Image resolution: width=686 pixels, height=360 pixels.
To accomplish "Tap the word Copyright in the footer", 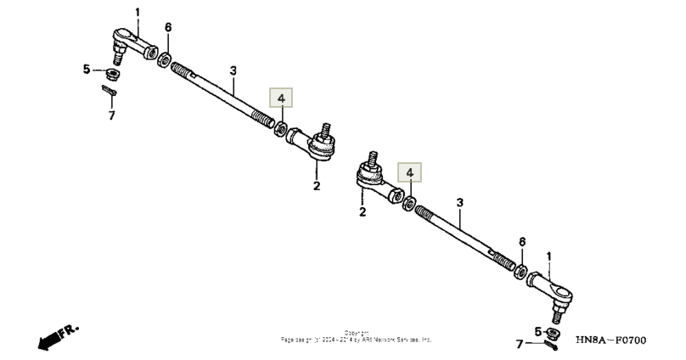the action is [x=356, y=332].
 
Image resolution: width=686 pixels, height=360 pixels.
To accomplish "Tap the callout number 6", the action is [x=168, y=28].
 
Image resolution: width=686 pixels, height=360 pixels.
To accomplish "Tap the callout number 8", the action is [x=522, y=241].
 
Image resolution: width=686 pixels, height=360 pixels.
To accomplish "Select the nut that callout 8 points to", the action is [x=521, y=273].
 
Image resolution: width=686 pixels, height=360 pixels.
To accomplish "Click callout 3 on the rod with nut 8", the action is [x=459, y=203].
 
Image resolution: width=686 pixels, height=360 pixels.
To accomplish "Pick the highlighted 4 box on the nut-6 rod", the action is [x=281, y=98].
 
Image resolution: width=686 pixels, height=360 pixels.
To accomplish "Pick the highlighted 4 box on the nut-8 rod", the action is [x=410, y=172].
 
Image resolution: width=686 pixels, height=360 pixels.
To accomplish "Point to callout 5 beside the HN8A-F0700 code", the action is [x=537, y=330].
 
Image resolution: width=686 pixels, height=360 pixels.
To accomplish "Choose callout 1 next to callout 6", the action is [x=138, y=12].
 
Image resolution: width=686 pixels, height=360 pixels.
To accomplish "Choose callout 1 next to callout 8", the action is [x=548, y=256].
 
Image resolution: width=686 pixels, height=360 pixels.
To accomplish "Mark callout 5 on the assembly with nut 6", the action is [x=86, y=70].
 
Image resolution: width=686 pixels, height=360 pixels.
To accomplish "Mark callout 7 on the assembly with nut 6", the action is [x=111, y=115].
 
